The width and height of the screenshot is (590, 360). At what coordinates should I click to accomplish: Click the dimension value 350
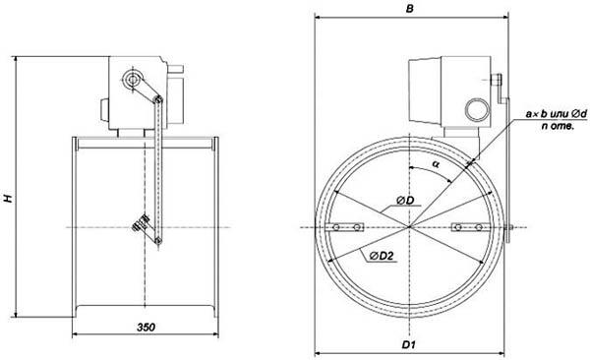146,328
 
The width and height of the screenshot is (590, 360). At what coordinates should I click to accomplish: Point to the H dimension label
8,199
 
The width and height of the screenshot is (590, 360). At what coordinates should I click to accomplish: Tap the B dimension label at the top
410,9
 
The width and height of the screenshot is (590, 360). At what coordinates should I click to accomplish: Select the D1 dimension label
408,344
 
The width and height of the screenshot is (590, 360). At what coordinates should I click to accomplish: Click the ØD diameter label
405,201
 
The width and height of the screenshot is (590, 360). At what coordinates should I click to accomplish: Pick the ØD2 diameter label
381,256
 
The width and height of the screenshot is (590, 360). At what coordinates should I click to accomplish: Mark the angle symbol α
436,164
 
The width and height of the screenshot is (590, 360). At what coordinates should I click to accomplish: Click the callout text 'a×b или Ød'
557,113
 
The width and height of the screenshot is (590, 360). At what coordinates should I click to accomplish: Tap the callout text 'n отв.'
558,126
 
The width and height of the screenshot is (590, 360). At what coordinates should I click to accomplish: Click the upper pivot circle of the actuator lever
132,80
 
